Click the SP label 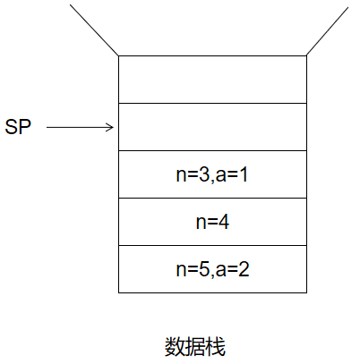[18, 127]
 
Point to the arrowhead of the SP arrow [113, 127]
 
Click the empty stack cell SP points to [212, 127]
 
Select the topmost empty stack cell [212, 80]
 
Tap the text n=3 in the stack [193, 174]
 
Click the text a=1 [232, 174]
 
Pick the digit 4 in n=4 [224, 222]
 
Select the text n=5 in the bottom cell [193, 269]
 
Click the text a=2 [232, 269]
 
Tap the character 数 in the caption [175, 347]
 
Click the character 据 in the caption [195, 347]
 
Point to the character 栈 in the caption [215, 347]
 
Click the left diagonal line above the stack [94, 30]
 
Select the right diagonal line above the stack [328, 31]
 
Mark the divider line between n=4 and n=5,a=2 [212, 246]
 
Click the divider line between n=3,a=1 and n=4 [212, 198]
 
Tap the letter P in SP [25, 127]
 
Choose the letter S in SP [12, 127]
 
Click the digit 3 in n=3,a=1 [204, 174]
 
